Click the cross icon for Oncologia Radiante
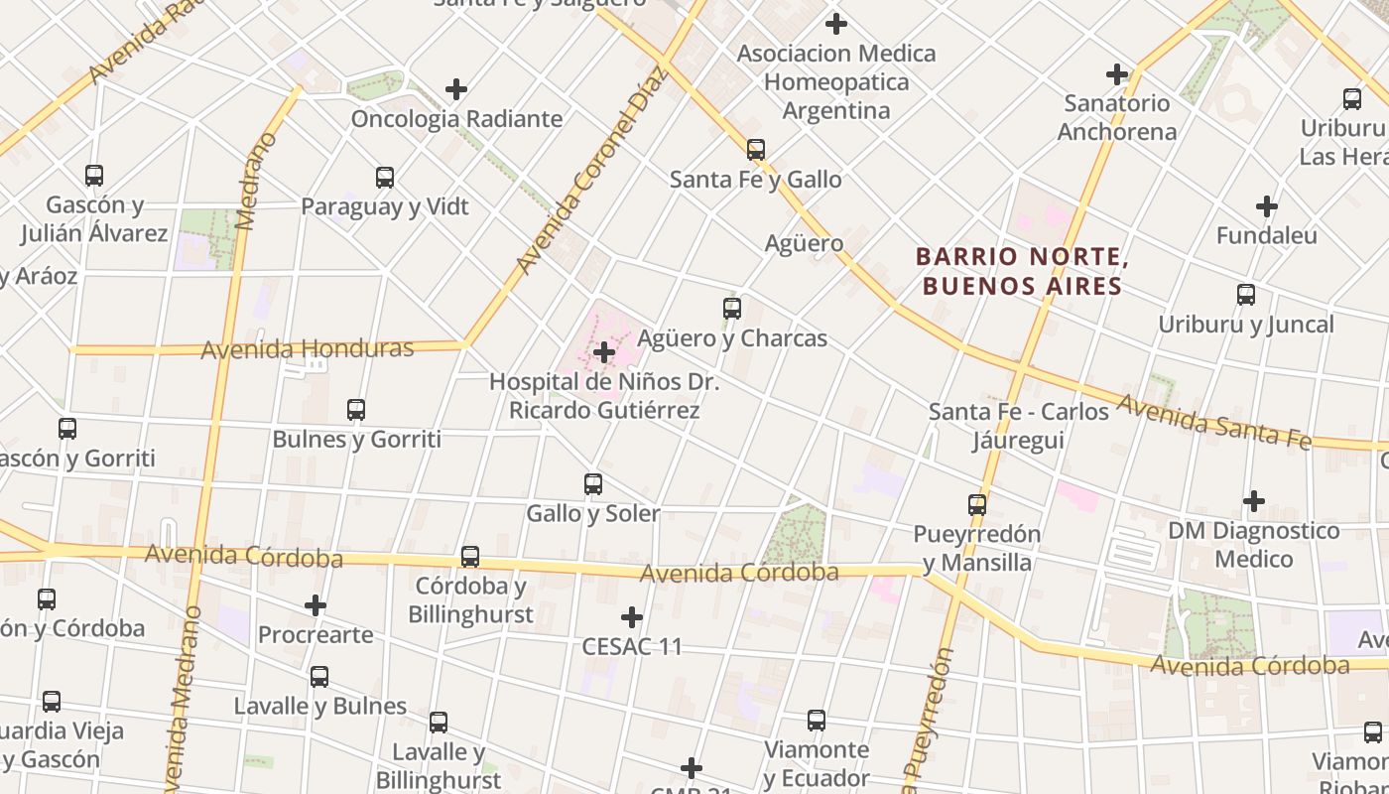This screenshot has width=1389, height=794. tap(456, 89)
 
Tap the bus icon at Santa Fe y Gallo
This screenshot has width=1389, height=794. tap(756, 150)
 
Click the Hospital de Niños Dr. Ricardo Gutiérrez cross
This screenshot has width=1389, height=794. tap(604, 352)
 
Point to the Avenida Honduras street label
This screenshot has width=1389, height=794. tap(307, 349)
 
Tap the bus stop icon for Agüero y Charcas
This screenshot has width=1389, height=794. tap(732, 309)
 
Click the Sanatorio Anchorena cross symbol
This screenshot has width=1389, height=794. tap(1117, 73)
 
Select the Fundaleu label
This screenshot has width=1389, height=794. tap(1266, 236)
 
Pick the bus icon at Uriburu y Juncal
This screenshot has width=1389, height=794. tap(1246, 295)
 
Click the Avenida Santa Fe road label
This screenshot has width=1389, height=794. tap(1213, 421)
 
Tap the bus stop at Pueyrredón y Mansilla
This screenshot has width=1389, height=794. tap(977, 505)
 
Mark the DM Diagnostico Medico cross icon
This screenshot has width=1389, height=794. tap(1254, 501)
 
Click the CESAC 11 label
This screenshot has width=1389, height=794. tap(632, 647)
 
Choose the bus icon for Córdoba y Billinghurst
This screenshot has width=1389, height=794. tap(470, 557)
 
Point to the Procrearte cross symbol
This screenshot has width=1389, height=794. tap(316, 605)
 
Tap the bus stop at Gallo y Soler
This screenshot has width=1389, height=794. tap(593, 484)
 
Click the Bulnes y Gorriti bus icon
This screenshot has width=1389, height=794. tap(356, 409)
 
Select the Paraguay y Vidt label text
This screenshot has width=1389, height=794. tap(385, 207)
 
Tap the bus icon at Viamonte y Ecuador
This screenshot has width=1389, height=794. tap(817, 721)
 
